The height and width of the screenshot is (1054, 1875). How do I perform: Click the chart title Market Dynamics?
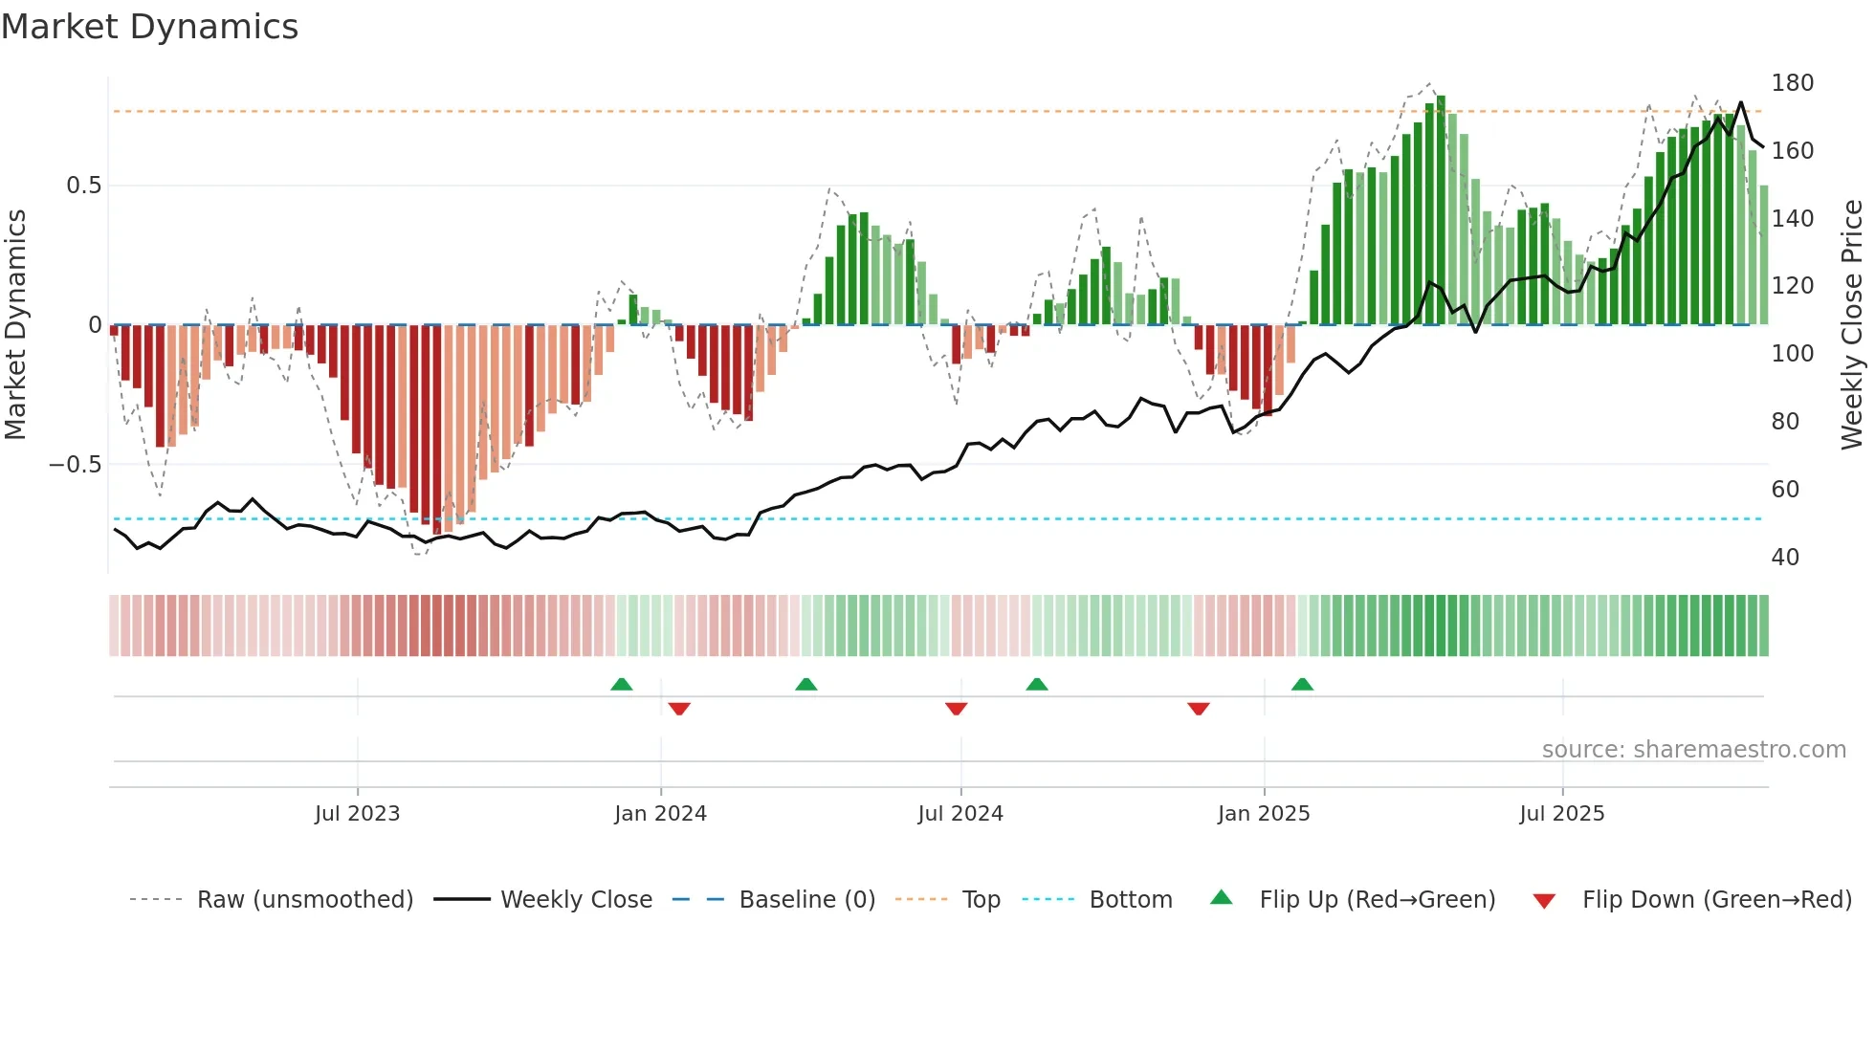pyautogui.click(x=150, y=27)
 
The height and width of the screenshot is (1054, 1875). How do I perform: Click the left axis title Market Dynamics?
pyautogui.click(x=15, y=325)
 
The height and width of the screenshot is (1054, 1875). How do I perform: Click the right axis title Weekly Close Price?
pyautogui.click(x=1852, y=325)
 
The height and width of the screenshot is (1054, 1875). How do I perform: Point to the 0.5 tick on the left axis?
pyautogui.click(x=83, y=186)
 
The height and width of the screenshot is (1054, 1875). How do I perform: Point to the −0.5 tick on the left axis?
pyautogui.click(x=76, y=465)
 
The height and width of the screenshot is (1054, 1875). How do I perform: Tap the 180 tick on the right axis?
pyautogui.click(x=1792, y=83)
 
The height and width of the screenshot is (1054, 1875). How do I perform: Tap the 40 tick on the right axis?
pyautogui.click(x=1785, y=558)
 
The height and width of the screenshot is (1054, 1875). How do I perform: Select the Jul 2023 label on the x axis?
pyautogui.click(x=357, y=814)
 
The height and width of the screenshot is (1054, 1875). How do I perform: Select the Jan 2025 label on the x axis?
pyautogui.click(x=1263, y=814)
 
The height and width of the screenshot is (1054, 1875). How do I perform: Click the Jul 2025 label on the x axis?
pyautogui.click(x=1561, y=814)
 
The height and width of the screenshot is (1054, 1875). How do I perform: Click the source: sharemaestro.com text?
pyautogui.click(x=1693, y=750)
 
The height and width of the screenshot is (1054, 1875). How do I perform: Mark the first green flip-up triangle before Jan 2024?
pyautogui.click(x=622, y=685)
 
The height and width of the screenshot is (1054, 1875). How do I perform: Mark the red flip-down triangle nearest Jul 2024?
pyautogui.click(x=956, y=709)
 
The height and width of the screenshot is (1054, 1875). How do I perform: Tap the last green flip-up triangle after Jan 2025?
pyautogui.click(x=1302, y=685)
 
